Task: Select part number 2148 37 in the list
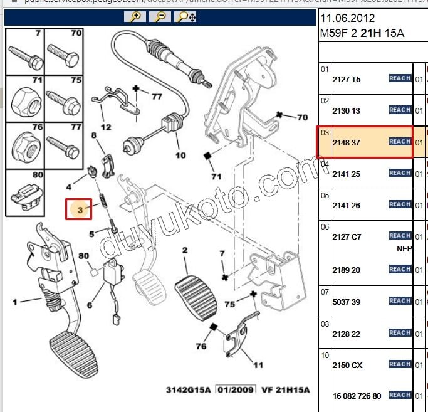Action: (346, 143)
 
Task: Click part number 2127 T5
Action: (346, 80)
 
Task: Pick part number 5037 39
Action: (346, 302)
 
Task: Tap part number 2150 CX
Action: (347, 365)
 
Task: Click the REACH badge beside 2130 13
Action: (400, 110)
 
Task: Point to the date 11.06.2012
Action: (344, 18)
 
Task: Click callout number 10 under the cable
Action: (180, 155)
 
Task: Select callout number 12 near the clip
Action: (106, 127)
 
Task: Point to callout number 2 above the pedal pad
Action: (185, 251)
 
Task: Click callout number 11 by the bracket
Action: (258, 364)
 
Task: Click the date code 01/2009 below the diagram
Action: (236, 389)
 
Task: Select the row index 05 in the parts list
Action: (325, 195)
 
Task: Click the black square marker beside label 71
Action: (206, 156)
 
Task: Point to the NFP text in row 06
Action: (405, 248)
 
